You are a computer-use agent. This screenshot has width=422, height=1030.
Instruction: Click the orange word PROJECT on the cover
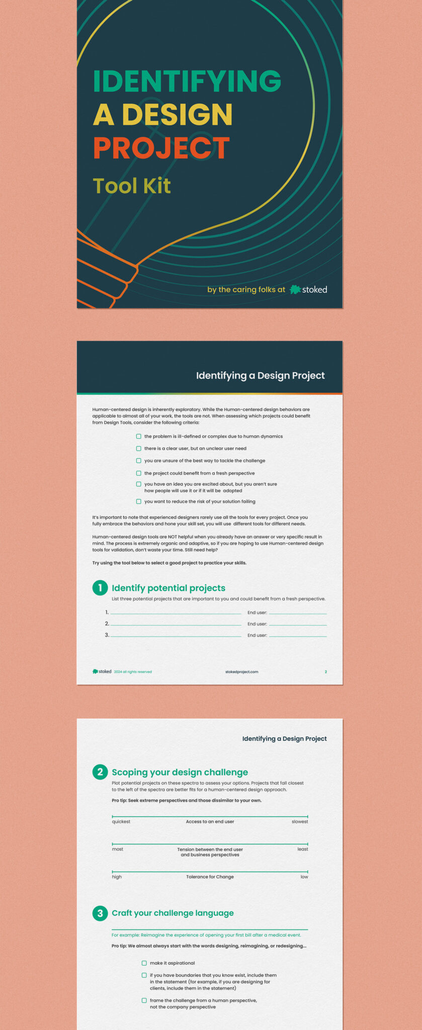coord(161,148)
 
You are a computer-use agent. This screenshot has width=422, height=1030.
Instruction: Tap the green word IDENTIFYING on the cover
coord(187,81)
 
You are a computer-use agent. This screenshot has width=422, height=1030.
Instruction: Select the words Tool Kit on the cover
coord(132,186)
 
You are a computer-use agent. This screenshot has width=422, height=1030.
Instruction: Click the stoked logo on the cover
coord(309,290)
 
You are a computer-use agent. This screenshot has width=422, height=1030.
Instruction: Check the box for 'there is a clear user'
coord(138,449)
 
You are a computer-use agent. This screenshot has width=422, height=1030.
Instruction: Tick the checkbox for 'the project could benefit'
coord(138,473)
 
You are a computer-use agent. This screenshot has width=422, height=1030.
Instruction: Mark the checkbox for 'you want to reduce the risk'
coord(138,501)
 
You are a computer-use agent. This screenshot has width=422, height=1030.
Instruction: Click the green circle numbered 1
coord(100,587)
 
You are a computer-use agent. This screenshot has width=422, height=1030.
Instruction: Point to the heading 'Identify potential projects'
coord(168,588)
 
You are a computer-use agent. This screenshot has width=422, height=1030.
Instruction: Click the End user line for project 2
coord(298,625)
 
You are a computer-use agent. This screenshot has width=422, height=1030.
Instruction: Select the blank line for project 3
coord(176,636)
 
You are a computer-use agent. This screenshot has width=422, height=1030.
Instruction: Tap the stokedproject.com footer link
coord(242,672)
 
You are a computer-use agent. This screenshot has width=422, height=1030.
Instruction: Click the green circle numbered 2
coord(100,772)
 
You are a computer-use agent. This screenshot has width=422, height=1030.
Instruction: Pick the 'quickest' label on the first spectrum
coord(121,822)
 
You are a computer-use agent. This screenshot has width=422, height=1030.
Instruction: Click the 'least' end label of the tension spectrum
coord(303,849)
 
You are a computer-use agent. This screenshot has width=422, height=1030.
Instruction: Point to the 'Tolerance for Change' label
coord(210,877)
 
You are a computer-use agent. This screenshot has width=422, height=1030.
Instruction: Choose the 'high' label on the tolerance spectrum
coord(117,877)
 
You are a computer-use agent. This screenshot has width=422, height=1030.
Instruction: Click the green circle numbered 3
coord(100,913)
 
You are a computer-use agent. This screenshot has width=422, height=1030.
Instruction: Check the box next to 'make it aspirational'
coord(144,963)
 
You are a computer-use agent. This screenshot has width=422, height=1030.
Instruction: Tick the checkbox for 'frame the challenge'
coord(144,1000)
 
